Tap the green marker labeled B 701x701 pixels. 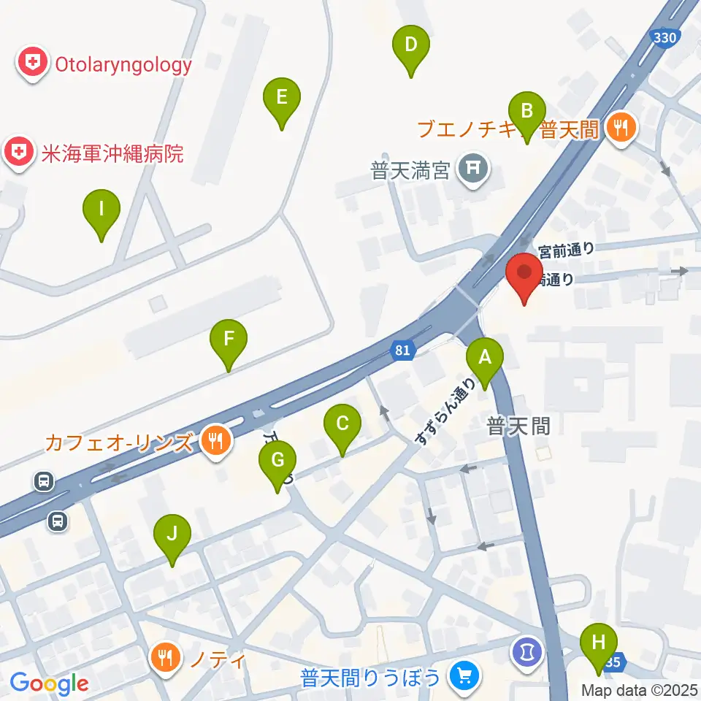click(527, 112)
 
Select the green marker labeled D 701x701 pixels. click(411, 45)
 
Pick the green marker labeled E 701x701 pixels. click(281, 97)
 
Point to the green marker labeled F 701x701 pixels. click(229, 340)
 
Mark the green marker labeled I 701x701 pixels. click(101, 210)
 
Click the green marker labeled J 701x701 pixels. click(172, 535)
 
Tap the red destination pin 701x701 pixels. click(524, 274)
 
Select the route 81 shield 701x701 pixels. click(403, 350)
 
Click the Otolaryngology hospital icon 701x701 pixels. click(32, 64)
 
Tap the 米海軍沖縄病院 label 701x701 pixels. click(112, 153)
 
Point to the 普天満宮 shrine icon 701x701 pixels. click(472, 170)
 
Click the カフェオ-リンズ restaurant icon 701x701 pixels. click(215, 441)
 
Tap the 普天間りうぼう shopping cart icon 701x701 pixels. click(462, 677)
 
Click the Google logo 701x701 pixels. click(50, 683)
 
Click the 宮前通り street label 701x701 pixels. click(566, 250)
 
